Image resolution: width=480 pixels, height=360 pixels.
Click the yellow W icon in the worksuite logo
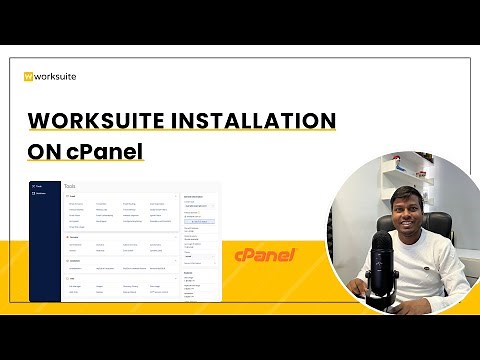pyautogui.click(x=29, y=76)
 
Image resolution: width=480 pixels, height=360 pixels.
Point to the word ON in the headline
pyautogui.click(x=44, y=152)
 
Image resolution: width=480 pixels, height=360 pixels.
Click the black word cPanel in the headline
pyautogui.click(x=107, y=152)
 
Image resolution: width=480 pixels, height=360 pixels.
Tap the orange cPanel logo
pyautogui.click(x=264, y=256)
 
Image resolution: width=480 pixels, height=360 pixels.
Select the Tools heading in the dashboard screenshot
pyautogui.click(x=69, y=186)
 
